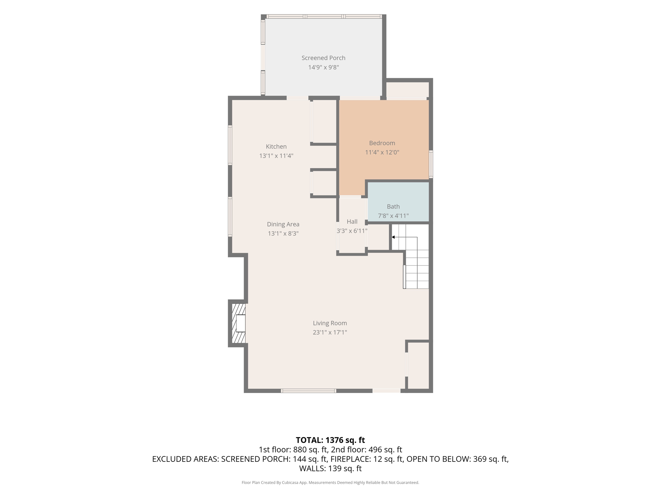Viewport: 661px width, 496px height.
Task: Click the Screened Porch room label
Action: click(323, 58)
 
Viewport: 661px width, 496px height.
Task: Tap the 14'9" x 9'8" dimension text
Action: click(323, 67)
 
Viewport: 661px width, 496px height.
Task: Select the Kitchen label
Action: click(276, 146)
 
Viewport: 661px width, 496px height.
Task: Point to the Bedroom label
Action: click(382, 143)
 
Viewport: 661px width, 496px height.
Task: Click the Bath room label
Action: click(393, 206)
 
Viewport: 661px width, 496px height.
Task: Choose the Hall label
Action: click(352, 222)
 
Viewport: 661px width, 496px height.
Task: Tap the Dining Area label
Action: click(283, 224)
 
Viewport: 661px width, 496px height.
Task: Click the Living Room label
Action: click(330, 323)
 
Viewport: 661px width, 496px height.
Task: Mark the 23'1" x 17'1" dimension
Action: click(330, 332)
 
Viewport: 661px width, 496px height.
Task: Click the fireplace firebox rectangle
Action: click(241, 323)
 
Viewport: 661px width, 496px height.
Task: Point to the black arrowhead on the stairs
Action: click(393, 237)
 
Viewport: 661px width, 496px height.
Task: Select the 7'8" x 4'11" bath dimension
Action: click(393, 216)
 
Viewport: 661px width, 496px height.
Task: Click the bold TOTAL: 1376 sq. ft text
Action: click(330, 440)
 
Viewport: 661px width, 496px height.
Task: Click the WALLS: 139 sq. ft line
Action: click(330, 468)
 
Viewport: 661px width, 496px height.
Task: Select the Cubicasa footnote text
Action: click(330, 482)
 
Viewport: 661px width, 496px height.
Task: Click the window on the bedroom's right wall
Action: click(431, 164)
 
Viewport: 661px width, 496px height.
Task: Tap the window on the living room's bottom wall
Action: click(309, 391)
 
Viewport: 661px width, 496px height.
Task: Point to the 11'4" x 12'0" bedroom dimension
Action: click(382, 152)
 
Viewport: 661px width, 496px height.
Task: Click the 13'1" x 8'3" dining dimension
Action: click(283, 233)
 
